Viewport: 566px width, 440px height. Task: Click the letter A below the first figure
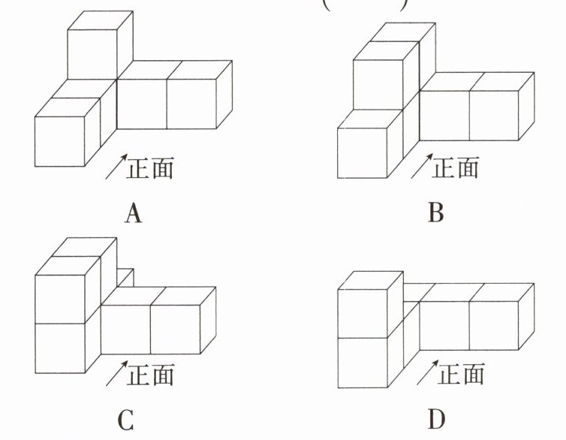click(133, 214)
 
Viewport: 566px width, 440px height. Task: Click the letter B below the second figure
click(436, 214)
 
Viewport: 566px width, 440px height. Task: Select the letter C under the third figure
click(126, 419)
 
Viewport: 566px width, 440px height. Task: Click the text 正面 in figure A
click(151, 167)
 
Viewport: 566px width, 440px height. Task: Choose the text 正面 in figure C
click(151, 373)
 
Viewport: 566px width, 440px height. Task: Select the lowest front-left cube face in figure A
click(59, 142)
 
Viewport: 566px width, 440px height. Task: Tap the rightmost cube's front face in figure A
click(190, 104)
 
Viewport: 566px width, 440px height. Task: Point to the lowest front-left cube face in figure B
click(362, 153)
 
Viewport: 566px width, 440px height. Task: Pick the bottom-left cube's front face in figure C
click(60, 348)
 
